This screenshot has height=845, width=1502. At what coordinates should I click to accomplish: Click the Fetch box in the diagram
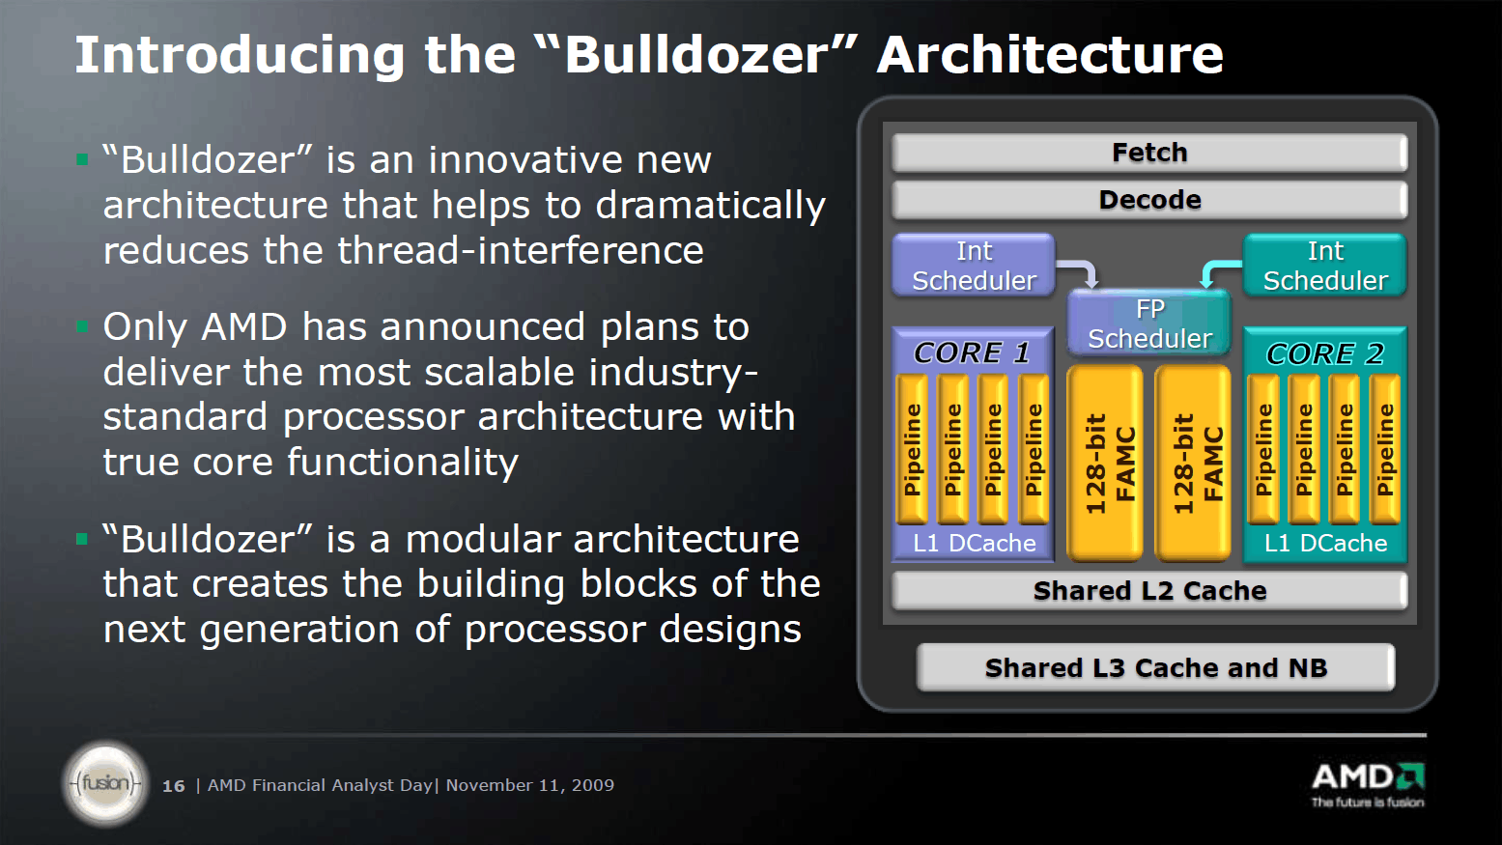coord(1149,153)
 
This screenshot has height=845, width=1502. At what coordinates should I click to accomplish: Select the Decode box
coord(1149,200)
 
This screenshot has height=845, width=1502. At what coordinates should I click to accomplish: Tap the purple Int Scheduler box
coord(974,266)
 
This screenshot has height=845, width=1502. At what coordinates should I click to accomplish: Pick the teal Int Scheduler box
coord(1325,266)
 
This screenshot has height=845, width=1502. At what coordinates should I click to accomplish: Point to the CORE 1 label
coord(972,352)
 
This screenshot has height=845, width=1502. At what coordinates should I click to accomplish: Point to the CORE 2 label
coord(1325,353)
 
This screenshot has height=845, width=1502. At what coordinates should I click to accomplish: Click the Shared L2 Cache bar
coord(1149,591)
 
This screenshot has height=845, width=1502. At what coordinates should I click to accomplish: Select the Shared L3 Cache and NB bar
coord(1155,667)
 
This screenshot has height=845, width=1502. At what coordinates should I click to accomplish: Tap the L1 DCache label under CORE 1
coord(975,543)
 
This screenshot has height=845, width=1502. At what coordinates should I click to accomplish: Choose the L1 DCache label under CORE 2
coord(1325,543)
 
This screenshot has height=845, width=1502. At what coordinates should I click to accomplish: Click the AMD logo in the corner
coord(1368,784)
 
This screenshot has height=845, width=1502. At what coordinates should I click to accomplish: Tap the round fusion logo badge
coord(105,782)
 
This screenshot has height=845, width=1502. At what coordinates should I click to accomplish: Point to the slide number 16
coord(174,786)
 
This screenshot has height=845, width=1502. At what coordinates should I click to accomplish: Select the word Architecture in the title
coord(1051,55)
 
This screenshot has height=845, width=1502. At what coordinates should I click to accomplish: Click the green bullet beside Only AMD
coord(82,326)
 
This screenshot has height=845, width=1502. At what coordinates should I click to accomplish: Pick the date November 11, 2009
coord(529,785)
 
